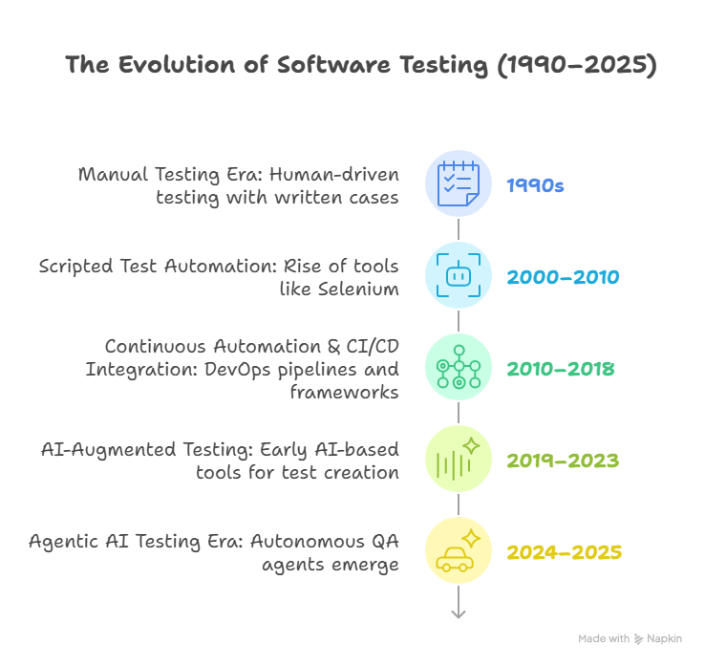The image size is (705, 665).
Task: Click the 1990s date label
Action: tap(535, 185)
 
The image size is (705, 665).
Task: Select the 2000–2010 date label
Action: tap(563, 277)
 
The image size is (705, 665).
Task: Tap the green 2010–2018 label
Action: tap(560, 369)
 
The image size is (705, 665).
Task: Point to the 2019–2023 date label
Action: tap(563, 461)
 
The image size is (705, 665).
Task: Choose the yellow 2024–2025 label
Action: tap(565, 552)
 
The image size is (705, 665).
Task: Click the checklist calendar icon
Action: tap(459, 183)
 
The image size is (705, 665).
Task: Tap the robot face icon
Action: tap(459, 275)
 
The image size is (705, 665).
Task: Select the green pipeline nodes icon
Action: tap(459, 367)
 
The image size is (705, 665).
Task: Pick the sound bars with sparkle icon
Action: tap(459, 459)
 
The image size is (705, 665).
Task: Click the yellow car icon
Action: tap(459, 550)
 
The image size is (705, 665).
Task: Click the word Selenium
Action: tap(358, 290)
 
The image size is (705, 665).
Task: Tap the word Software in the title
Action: tap(333, 64)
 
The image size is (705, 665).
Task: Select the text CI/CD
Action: tap(373, 347)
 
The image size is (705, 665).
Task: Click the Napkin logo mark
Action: tap(638, 639)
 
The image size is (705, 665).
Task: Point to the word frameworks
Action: tap(345, 393)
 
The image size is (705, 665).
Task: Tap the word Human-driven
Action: tap(334, 175)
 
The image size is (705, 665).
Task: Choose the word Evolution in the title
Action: tap(178, 64)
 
